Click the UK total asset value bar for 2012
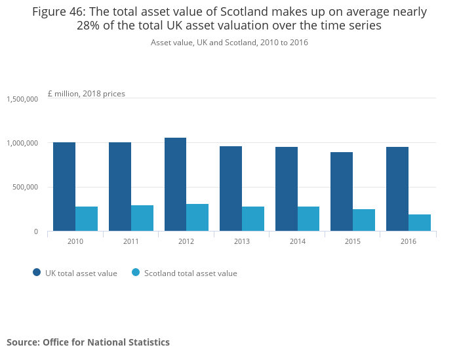click(175, 184)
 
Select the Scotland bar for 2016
click(420, 223)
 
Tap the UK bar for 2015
click(342, 191)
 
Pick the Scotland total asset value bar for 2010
click(87, 219)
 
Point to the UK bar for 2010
click(64, 187)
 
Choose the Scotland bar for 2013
click(253, 219)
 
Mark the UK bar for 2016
click(397, 189)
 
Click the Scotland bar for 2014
click(308, 219)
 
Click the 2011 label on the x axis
click(131, 241)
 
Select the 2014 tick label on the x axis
click(297, 241)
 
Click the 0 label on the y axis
click(37, 231)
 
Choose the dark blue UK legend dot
click(37, 273)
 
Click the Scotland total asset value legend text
click(191, 273)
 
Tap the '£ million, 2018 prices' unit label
click(87, 94)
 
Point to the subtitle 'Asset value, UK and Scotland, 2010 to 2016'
click(229, 43)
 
